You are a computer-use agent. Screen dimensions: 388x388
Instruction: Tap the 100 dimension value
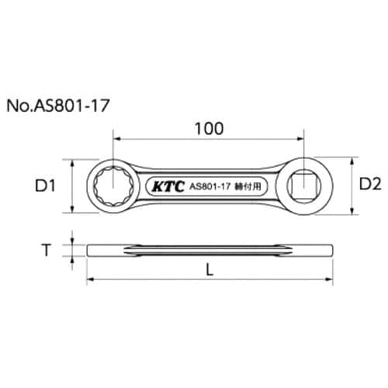pyautogui.click(x=208, y=126)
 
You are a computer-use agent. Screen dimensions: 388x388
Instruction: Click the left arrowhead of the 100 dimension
pyautogui.click(x=119, y=139)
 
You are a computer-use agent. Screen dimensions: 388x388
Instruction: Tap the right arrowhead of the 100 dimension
pyautogui.click(x=297, y=139)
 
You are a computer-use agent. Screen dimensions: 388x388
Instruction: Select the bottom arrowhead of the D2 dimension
pyautogui.click(x=355, y=210)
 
